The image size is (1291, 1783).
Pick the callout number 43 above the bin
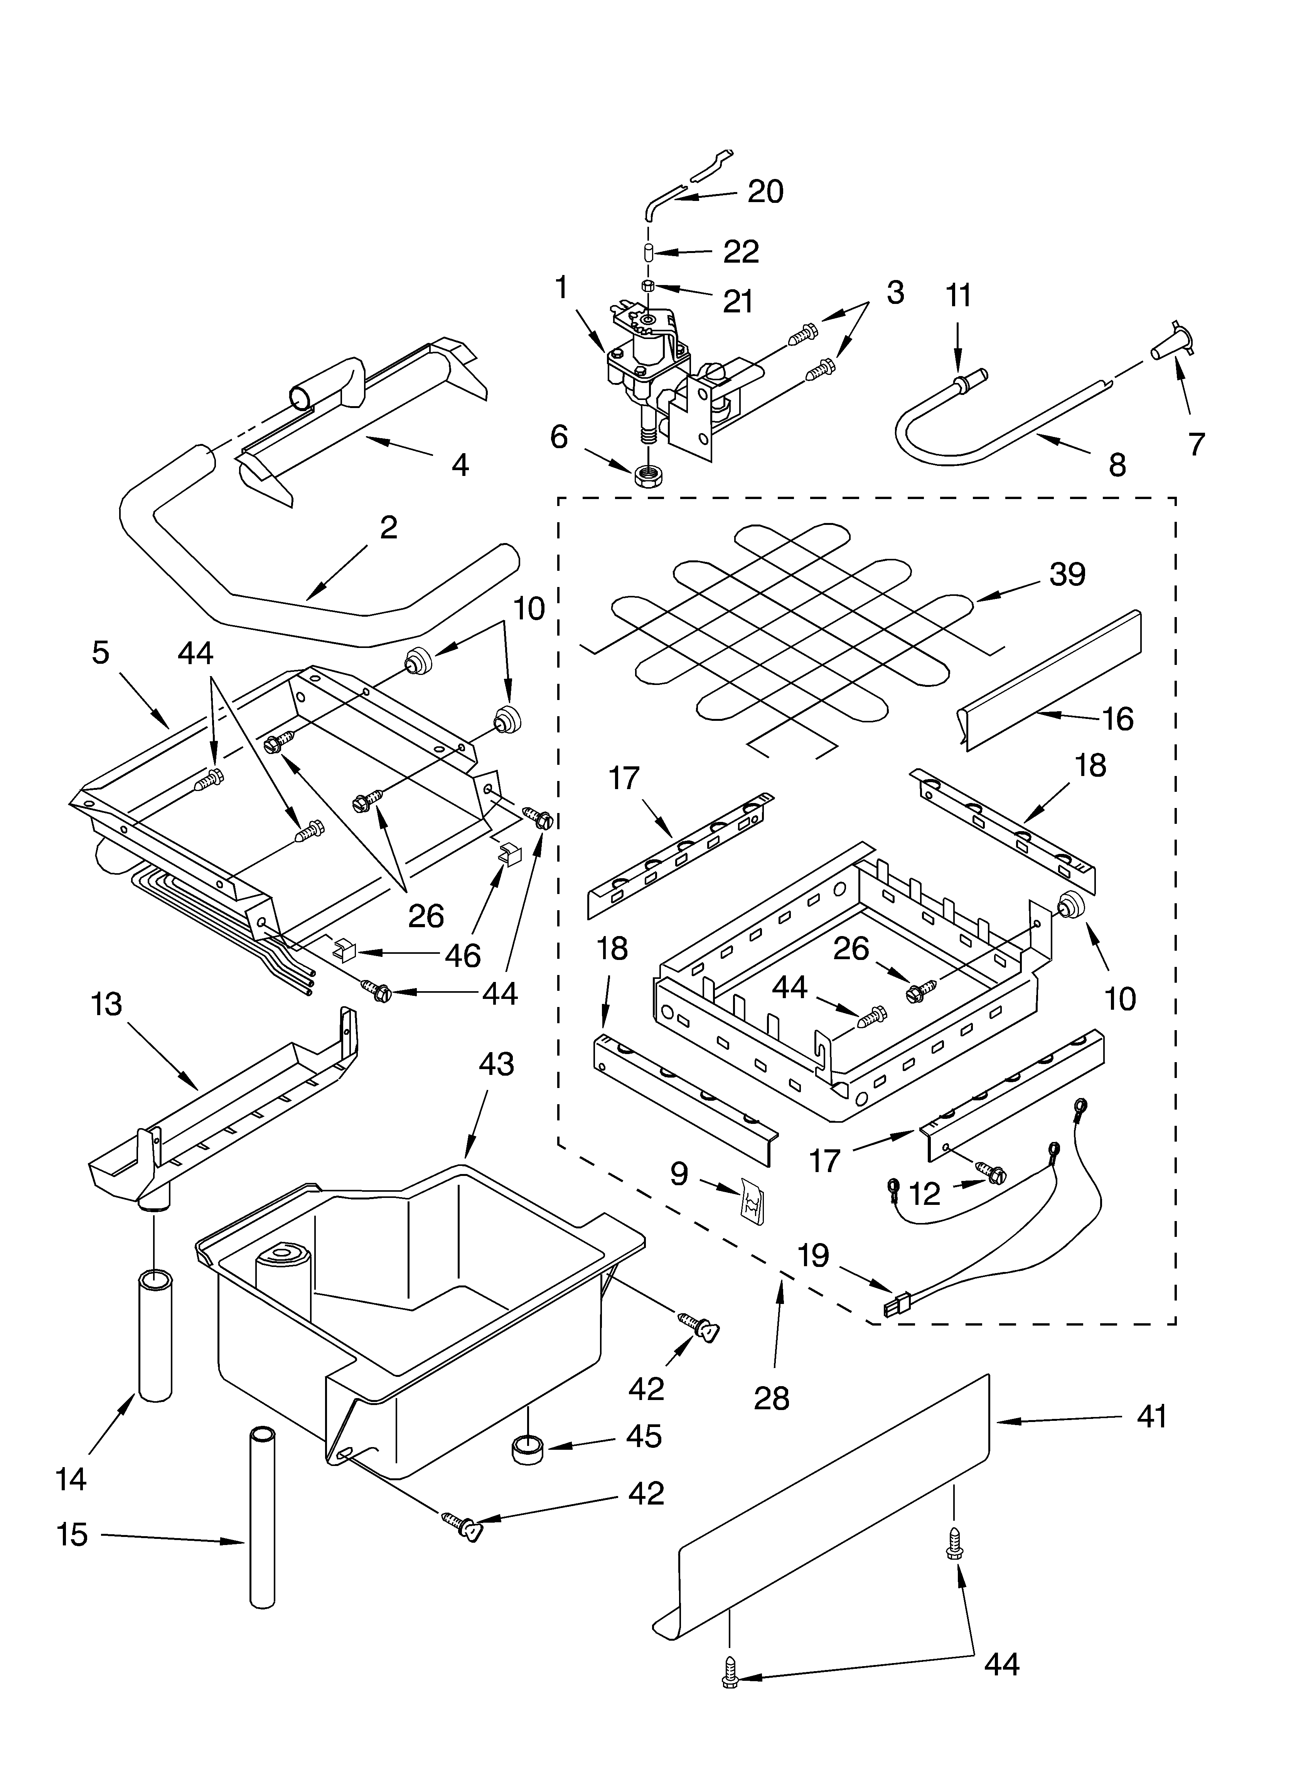click(x=496, y=1064)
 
